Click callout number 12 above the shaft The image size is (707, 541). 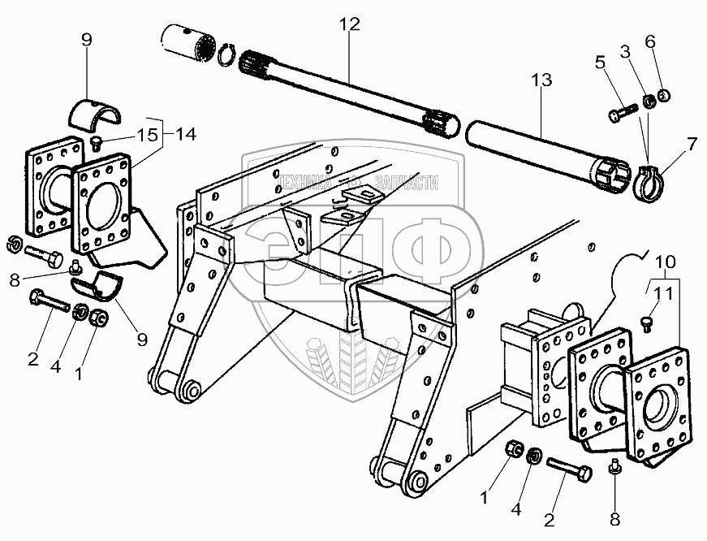point(349,24)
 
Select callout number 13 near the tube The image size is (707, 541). point(541,80)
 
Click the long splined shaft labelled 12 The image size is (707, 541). point(349,89)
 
